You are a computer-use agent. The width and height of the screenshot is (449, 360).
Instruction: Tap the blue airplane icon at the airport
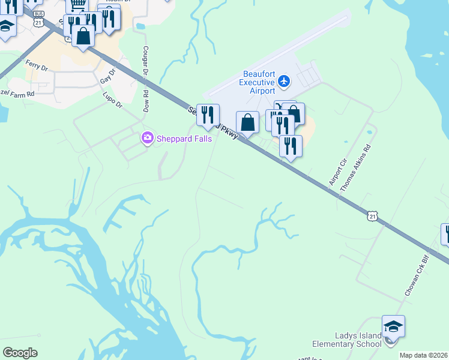point(285,80)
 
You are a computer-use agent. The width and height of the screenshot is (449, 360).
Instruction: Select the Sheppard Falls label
point(182,139)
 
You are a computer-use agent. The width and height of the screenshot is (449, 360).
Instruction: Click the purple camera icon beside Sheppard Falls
point(147,139)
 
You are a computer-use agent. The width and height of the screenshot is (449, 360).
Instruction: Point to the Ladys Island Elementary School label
point(346,340)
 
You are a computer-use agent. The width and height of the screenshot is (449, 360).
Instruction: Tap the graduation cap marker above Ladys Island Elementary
point(393,326)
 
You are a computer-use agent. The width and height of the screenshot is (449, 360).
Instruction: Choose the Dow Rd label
point(145,101)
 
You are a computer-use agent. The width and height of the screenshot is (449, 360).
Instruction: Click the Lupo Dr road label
point(112,100)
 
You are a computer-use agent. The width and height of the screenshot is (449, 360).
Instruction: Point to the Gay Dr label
point(107,76)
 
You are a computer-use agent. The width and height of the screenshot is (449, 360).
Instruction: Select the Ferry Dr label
point(37,65)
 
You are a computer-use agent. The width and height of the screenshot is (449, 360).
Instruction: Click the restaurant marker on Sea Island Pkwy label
point(208,115)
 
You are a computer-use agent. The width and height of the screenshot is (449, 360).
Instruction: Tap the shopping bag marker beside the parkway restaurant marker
point(247,122)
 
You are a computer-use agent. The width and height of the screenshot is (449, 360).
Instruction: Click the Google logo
point(20,352)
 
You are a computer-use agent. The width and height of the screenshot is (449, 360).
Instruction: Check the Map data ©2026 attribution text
point(423,355)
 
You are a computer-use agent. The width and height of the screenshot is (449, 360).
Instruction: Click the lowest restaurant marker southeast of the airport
point(291,146)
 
